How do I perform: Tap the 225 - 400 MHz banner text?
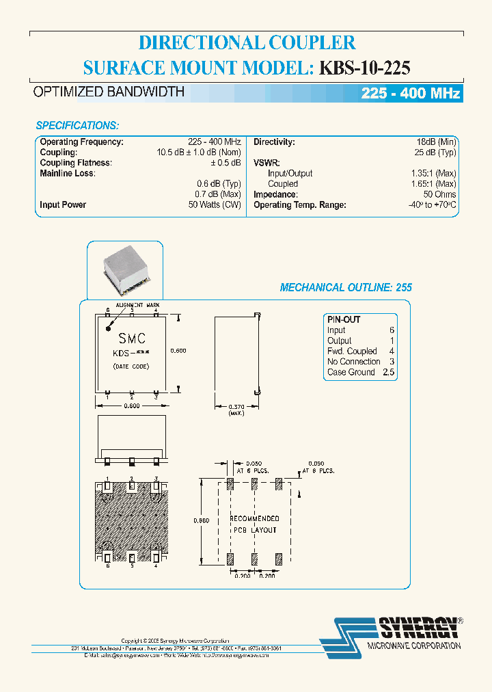(410, 94)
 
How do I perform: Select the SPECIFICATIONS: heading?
(77, 126)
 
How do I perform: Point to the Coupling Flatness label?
(75, 163)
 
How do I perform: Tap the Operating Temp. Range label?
(300, 204)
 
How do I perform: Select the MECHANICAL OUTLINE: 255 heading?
(346, 288)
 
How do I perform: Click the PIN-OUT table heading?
(344, 319)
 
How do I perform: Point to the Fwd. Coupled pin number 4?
(392, 351)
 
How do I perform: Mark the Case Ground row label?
(351, 372)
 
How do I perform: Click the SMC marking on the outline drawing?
(132, 338)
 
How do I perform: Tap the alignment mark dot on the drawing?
(108, 328)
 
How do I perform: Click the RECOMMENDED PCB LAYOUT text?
(254, 524)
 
